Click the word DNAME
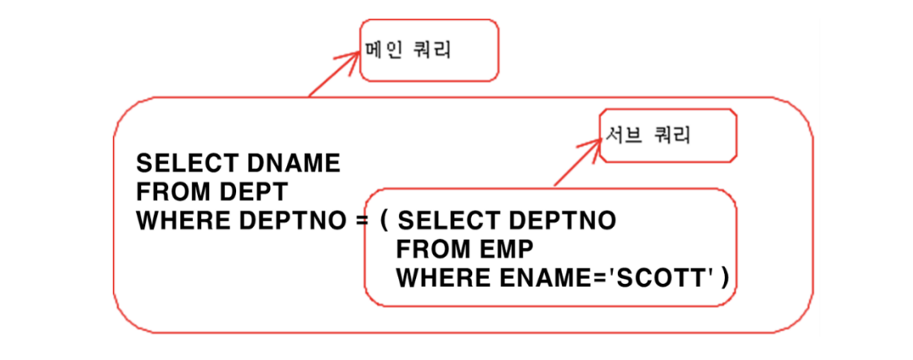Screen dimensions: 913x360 [x=293, y=164]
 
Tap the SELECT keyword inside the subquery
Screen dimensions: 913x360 [x=449, y=221]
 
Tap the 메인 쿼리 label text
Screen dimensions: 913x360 [x=409, y=50]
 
